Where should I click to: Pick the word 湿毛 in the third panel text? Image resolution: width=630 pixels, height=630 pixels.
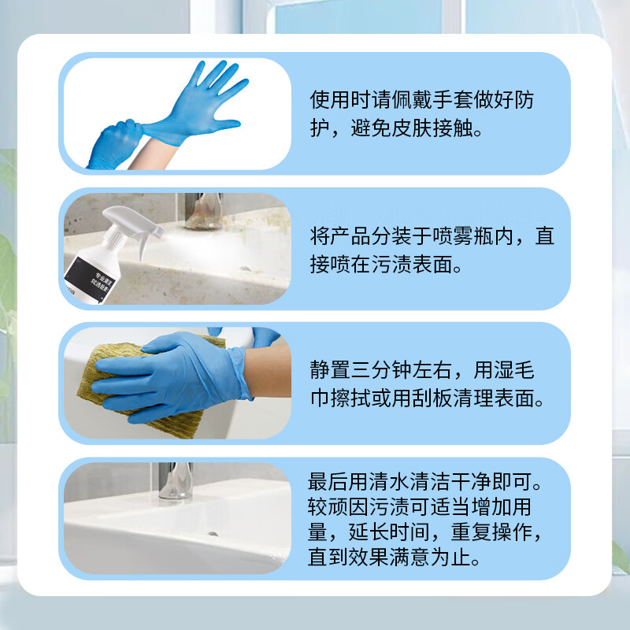(x=514, y=369)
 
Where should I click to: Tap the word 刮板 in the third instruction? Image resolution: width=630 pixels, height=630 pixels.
(x=432, y=398)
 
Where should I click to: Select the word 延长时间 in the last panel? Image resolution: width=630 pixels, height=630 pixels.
(x=389, y=532)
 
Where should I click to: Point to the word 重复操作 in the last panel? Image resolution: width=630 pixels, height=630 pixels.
(x=491, y=532)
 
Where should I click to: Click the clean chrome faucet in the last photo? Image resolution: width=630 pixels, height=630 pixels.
(x=176, y=480)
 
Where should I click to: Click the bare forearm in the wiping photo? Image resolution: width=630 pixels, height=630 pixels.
(x=268, y=370)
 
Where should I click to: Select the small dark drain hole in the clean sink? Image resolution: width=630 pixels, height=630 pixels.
(x=213, y=534)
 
